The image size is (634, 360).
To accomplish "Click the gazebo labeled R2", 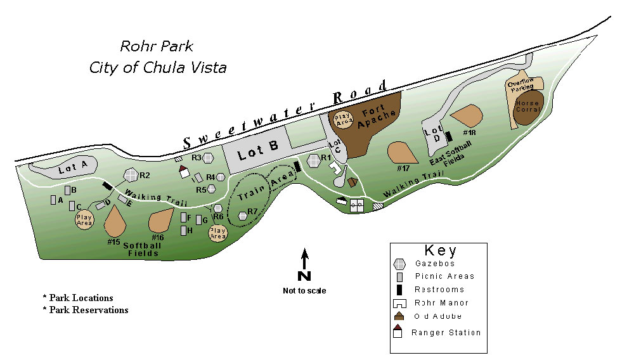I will (x=131, y=174).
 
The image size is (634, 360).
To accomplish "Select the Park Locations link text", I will (x=81, y=298).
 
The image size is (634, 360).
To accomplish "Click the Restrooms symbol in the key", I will (x=399, y=290).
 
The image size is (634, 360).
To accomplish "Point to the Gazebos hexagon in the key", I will (x=399, y=264).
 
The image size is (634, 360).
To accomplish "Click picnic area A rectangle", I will (x=53, y=200).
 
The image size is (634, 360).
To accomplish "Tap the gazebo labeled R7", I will (x=242, y=216).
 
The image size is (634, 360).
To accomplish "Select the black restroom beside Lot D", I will (x=449, y=136).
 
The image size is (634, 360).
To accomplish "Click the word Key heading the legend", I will (x=439, y=250).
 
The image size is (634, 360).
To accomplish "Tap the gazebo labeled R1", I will (x=313, y=158).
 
